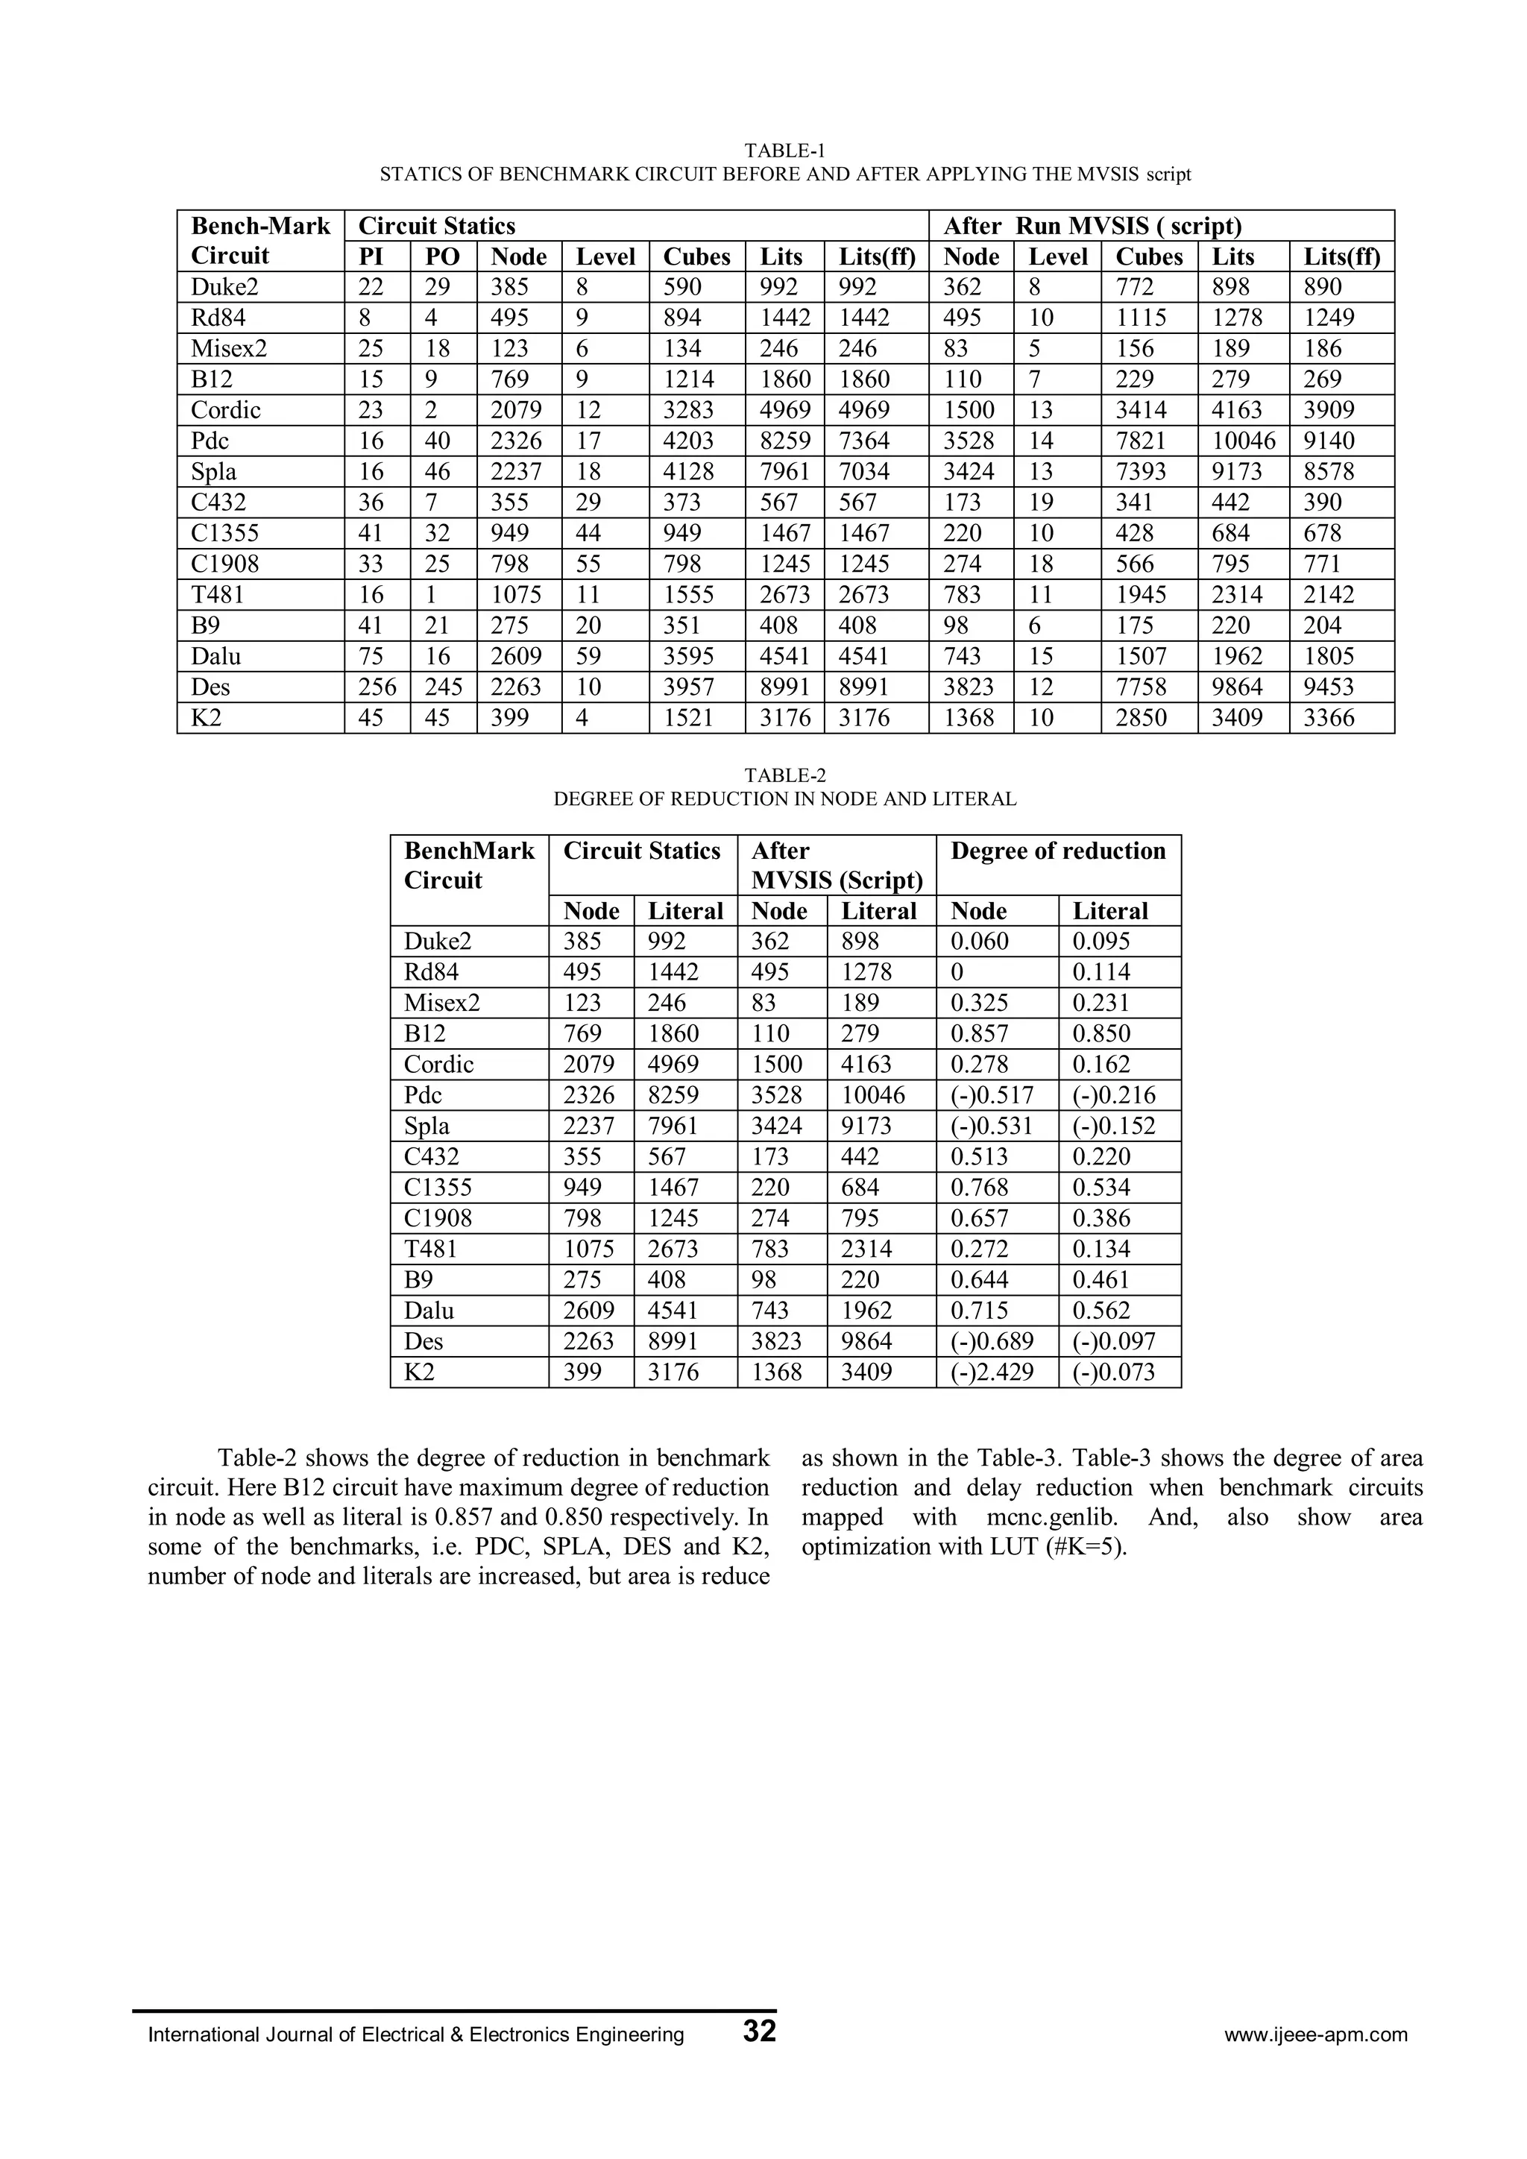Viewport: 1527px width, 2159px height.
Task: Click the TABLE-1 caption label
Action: (784, 151)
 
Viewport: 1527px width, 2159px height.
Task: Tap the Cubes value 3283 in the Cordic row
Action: (688, 410)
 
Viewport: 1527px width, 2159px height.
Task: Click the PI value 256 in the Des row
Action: (376, 687)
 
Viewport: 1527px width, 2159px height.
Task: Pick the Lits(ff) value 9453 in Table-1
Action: (1329, 687)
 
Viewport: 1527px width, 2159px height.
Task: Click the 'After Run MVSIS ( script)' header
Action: (1092, 227)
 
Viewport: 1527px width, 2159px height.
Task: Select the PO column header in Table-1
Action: (442, 256)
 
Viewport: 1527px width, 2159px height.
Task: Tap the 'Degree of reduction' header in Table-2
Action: (1058, 851)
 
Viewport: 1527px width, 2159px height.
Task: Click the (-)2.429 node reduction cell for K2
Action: (992, 1372)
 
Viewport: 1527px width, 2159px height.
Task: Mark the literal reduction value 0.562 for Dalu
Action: (1101, 1311)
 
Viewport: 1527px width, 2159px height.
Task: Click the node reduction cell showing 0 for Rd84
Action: (957, 972)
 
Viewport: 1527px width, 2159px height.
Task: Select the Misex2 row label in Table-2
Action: (442, 1003)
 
